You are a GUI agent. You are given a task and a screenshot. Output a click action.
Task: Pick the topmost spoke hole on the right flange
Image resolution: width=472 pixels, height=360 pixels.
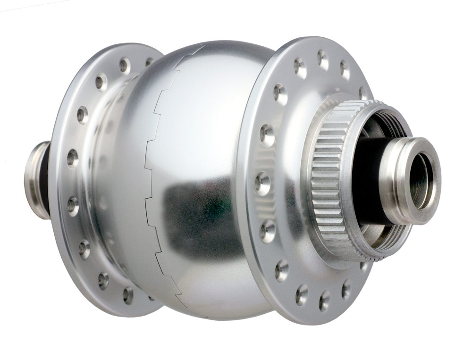pyautogui.click(x=322, y=58)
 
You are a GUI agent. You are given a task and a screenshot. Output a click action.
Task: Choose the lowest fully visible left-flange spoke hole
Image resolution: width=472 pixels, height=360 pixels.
pyautogui.click(x=127, y=294)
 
